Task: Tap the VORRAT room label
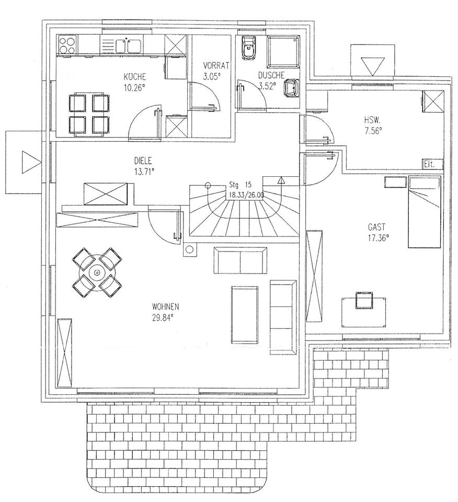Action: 212,66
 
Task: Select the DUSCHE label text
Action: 271,75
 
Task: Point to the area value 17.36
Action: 379,236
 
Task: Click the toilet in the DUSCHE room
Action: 247,49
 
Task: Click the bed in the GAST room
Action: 425,211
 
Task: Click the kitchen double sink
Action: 128,45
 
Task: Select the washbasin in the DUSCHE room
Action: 290,87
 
